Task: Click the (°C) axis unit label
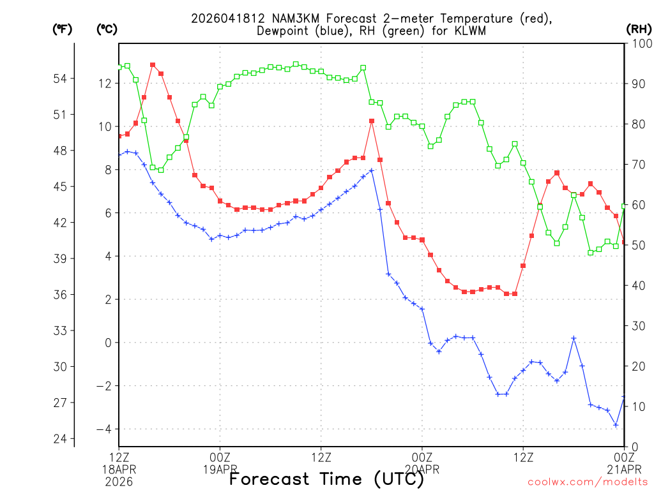point(107,29)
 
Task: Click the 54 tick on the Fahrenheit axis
point(59,78)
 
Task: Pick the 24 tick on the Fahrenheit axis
point(59,439)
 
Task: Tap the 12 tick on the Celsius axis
point(105,84)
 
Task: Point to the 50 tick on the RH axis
point(637,246)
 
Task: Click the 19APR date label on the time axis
point(220,469)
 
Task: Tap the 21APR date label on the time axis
point(624,469)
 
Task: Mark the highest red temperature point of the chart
point(153,64)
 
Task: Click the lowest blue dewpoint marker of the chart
point(616,425)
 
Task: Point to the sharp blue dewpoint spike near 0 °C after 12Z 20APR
point(574,338)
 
